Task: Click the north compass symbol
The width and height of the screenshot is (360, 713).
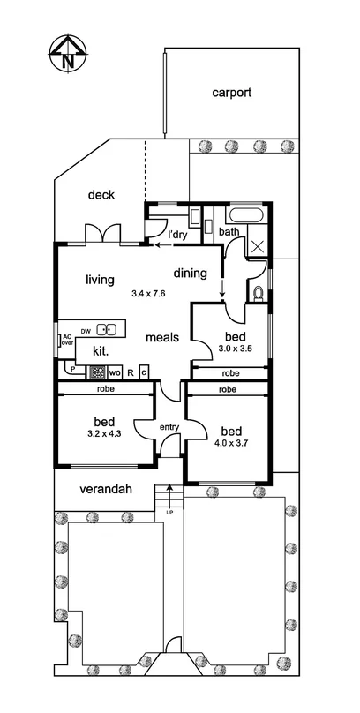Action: click(x=68, y=54)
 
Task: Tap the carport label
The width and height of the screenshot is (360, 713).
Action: click(x=232, y=92)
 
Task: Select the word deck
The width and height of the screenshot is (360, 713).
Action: click(x=101, y=195)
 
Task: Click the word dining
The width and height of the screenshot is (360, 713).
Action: click(x=190, y=273)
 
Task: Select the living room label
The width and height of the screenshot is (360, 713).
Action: click(x=100, y=280)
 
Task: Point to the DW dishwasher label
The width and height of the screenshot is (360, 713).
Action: click(x=86, y=331)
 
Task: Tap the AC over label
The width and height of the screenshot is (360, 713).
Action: click(x=66, y=341)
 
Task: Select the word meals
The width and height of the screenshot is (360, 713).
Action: click(x=163, y=337)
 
